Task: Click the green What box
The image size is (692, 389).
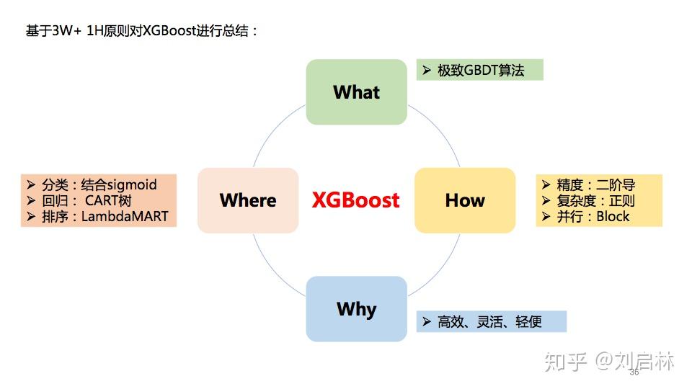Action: (356, 92)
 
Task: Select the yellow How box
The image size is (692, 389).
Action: (465, 200)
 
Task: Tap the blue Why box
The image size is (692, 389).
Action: (356, 309)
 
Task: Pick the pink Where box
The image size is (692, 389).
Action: (248, 200)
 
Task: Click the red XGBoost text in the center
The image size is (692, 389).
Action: (355, 200)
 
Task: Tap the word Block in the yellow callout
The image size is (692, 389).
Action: (613, 216)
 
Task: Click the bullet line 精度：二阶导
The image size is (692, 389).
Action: (595, 185)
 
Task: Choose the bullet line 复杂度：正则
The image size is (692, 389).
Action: (595, 201)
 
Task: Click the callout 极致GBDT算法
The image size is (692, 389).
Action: (481, 71)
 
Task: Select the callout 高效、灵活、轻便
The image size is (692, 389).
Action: (489, 322)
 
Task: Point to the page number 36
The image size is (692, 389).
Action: (634, 372)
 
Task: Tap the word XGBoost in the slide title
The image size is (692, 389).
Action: (167, 32)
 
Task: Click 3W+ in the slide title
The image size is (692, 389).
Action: (66, 32)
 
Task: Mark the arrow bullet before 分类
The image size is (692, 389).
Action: (31, 185)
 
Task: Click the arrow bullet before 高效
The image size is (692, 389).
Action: (426, 322)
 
